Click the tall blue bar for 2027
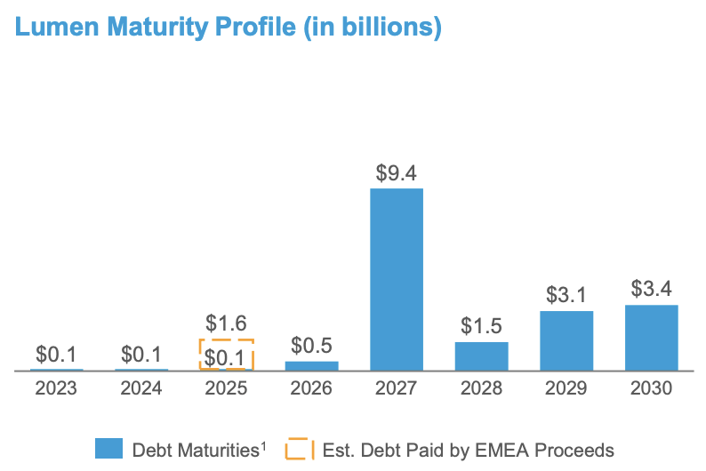pos(396,279)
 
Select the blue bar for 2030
pos(652,338)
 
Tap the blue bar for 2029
pos(566,340)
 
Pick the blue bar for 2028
pos(481,356)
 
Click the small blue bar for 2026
pos(311,365)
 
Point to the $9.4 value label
pos(396,172)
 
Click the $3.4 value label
pos(652,289)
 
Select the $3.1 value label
pos(566,294)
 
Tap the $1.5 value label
pos(481,325)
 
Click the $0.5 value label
pos(311,344)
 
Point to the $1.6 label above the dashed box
pos(226,323)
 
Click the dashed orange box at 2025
pos(226,355)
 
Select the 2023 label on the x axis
pos(55,388)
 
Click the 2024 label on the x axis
pos(140,388)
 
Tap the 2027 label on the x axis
pos(396,388)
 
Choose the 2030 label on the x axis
pos(652,388)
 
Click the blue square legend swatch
pos(108,450)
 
